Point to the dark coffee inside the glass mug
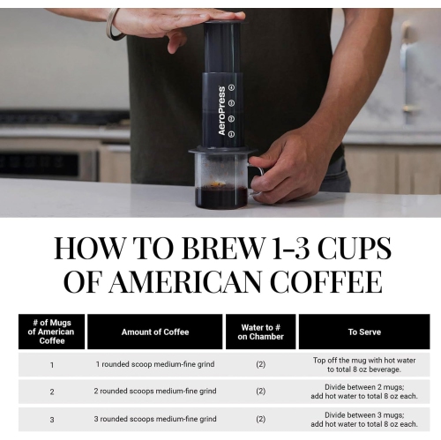click(220, 196)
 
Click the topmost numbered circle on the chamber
click(231, 87)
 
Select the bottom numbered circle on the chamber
click(231, 133)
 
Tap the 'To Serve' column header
click(363, 332)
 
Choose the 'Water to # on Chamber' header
click(260, 332)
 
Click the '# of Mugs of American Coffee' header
click(51, 332)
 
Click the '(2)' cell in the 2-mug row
click(260, 391)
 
